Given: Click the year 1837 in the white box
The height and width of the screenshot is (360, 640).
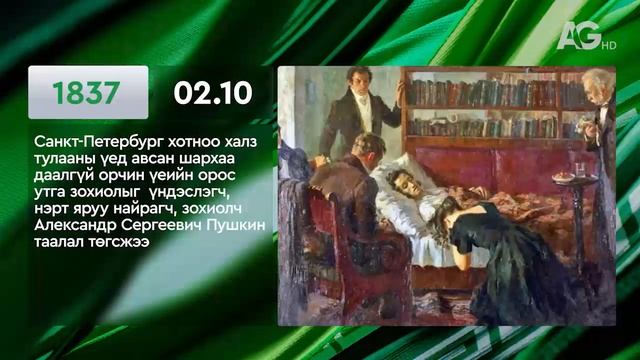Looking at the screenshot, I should point(87,93).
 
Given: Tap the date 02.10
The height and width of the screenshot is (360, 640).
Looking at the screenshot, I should point(212,93).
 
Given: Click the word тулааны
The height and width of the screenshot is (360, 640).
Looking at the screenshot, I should point(57,161).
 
